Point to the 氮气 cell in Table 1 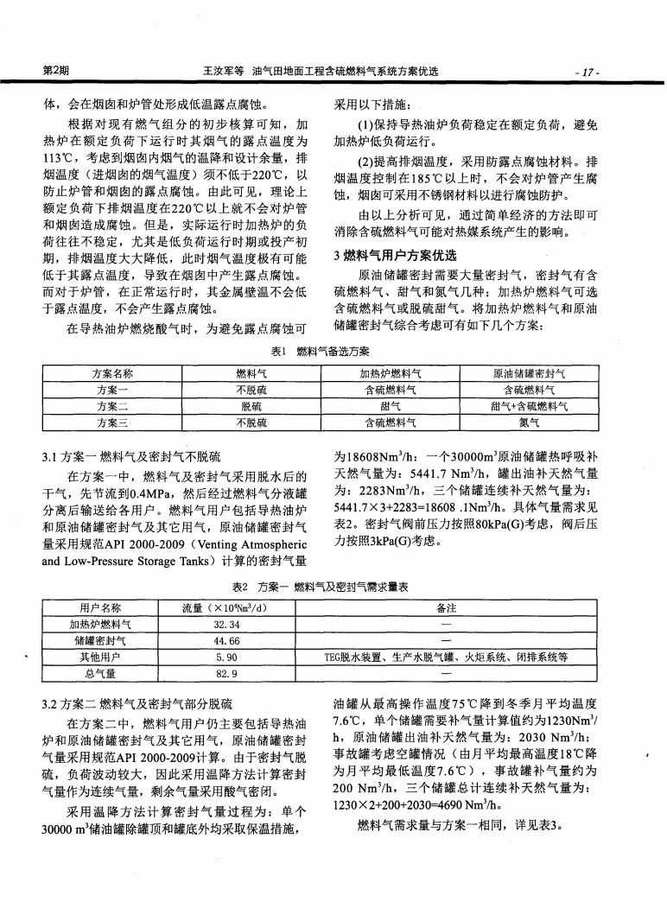point(528,422)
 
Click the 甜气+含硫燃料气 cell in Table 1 point(528,406)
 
